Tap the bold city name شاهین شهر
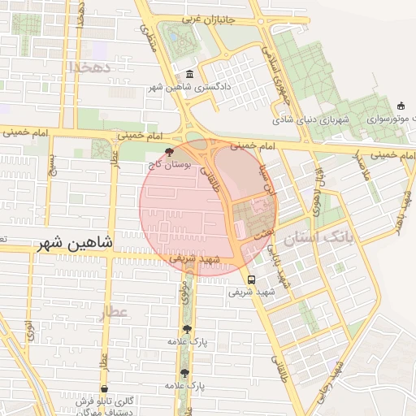click(77, 243)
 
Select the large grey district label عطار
click(115, 312)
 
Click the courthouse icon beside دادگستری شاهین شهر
click(188, 74)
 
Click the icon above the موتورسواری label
click(400, 106)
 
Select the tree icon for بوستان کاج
click(169, 151)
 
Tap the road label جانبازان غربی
click(206, 19)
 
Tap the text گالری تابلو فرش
click(106, 401)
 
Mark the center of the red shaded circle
click(207, 206)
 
